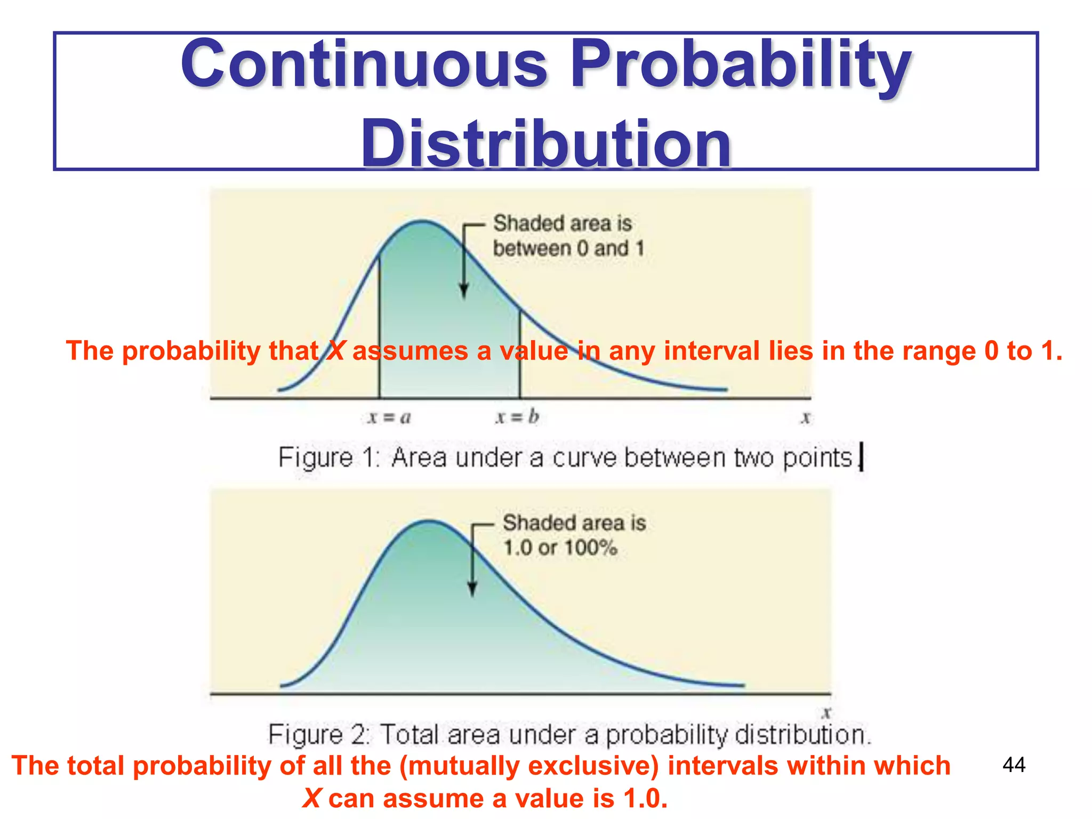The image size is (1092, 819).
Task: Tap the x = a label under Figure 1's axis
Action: point(389,417)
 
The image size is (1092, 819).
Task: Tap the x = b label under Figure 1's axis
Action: point(517,417)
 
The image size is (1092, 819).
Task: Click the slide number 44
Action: point(1014,765)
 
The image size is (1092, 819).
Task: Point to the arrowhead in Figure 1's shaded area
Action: point(464,292)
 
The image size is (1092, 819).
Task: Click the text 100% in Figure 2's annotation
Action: point(590,548)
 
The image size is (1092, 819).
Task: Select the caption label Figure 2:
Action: point(319,735)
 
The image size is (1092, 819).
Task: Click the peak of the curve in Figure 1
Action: point(422,221)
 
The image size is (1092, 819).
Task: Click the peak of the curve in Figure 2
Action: point(429,521)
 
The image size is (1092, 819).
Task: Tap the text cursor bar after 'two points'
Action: point(861,457)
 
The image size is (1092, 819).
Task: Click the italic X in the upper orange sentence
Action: point(336,351)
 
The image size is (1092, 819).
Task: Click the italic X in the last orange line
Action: point(312,798)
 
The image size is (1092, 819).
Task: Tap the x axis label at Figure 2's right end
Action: point(826,712)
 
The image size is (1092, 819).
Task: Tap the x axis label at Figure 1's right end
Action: point(806,417)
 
